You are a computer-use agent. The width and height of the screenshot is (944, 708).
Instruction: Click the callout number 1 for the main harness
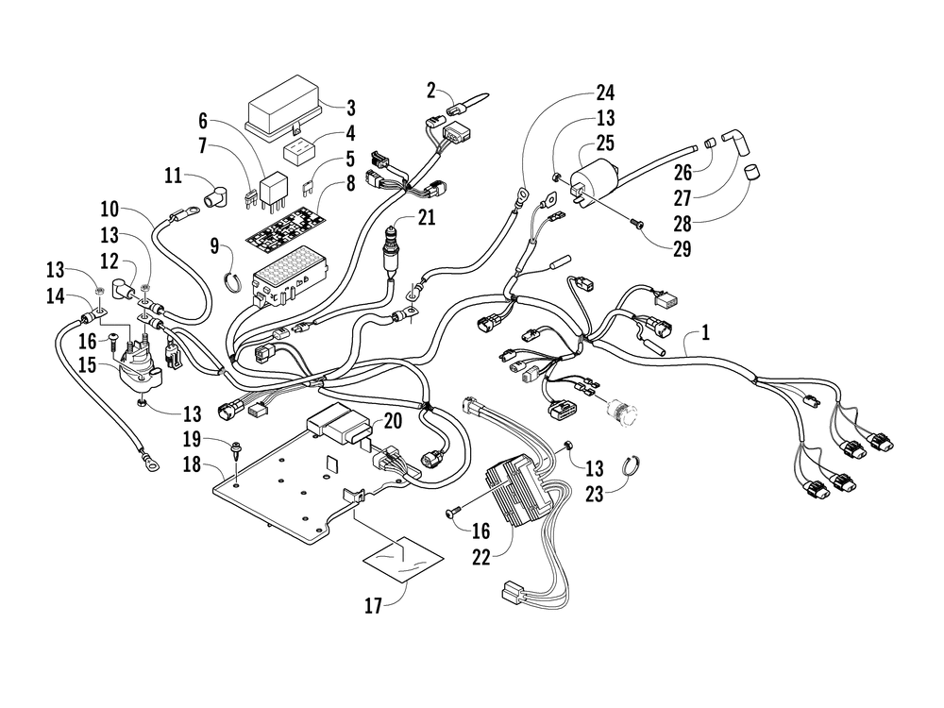pyautogui.click(x=705, y=331)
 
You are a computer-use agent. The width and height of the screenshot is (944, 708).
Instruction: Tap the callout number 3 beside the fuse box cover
pyautogui.click(x=351, y=109)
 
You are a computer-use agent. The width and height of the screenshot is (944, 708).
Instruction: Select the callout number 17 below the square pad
pyautogui.click(x=373, y=605)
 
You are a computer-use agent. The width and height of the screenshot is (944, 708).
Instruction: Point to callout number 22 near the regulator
pyautogui.click(x=481, y=558)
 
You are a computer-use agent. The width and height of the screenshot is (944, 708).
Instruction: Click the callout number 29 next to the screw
pyautogui.click(x=683, y=248)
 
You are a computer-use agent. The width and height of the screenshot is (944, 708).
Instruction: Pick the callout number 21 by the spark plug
pyautogui.click(x=427, y=217)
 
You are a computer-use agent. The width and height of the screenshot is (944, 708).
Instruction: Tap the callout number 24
pyautogui.click(x=605, y=93)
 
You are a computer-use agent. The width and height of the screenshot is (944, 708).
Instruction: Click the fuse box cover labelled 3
pyautogui.click(x=284, y=103)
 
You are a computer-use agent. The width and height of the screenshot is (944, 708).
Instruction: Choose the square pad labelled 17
pyautogui.click(x=404, y=559)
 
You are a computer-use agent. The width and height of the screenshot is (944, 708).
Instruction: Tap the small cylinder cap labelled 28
pyautogui.click(x=750, y=172)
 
